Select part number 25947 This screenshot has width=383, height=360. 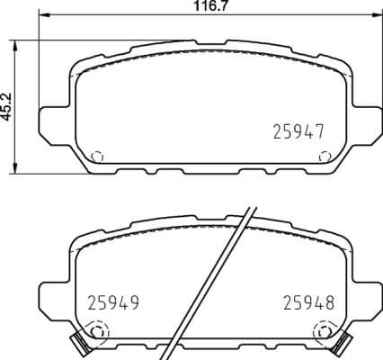coord(298,131)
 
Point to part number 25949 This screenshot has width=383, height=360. coord(115,302)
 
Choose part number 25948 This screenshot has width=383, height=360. coord(307,302)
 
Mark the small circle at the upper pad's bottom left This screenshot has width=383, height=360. coord(98,156)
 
